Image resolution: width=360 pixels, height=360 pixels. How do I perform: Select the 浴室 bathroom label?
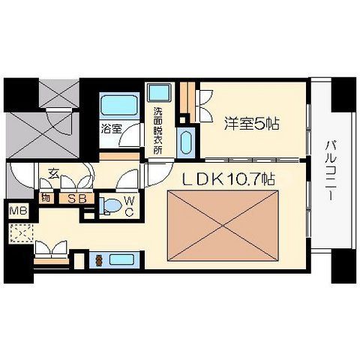point(112,128)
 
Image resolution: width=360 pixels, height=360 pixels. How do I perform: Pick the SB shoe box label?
point(76,199)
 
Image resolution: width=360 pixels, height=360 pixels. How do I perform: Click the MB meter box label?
point(16,211)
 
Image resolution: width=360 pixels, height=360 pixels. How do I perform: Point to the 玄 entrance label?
point(54,175)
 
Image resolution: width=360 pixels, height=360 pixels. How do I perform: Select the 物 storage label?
point(46,199)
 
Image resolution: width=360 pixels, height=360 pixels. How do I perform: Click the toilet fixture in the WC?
point(110,205)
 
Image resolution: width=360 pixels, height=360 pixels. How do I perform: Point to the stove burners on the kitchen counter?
point(97,261)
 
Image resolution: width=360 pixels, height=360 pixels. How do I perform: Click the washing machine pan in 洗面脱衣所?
point(159,94)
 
